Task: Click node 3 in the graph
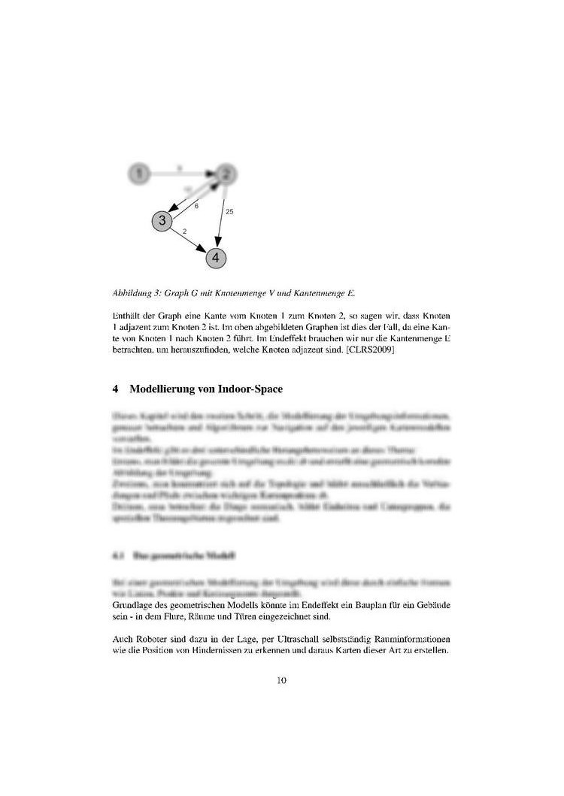(x=162, y=221)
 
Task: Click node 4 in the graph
(x=216, y=257)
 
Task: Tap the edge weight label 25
(x=229, y=212)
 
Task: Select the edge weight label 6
(x=196, y=205)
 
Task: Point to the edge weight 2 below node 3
(x=184, y=232)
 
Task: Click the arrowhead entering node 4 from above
(x=217, y=241)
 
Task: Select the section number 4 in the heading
(x=114, y=389)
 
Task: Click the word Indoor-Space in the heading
(x=250, y=389)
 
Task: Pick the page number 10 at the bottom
(x=281, y=680)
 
